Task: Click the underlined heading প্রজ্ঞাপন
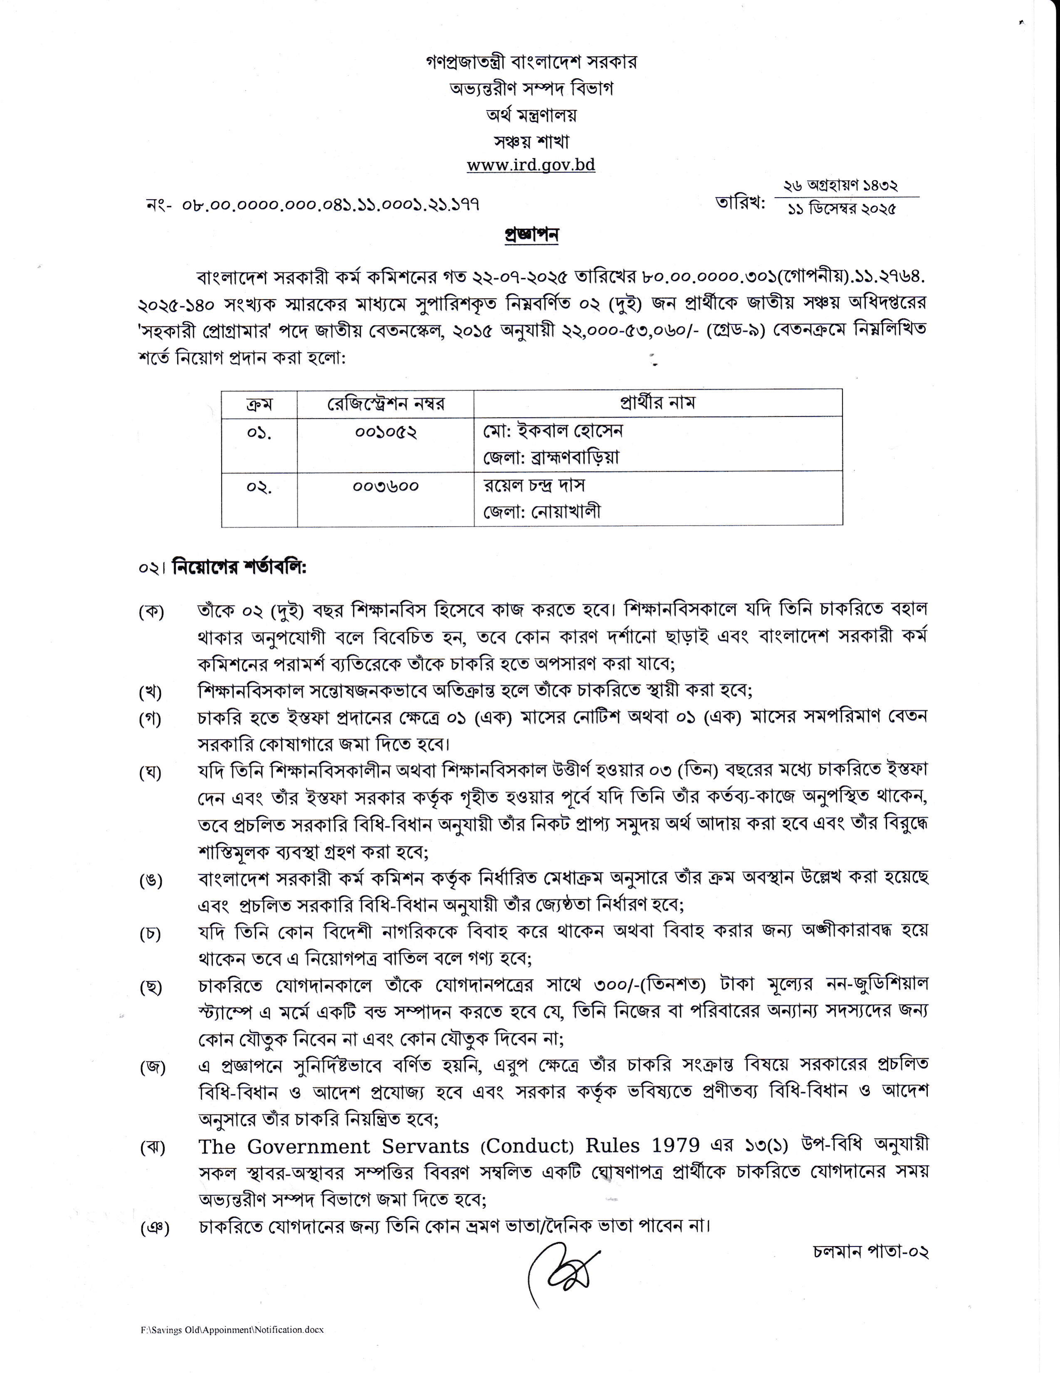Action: coord(531,235)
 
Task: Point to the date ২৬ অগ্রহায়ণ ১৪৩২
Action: coord(841,186)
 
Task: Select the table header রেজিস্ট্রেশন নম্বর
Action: coord(385,403)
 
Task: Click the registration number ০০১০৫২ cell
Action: coord(385,433)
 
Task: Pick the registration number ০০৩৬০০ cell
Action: coord(385,486)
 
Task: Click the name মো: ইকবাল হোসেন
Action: coord(553,431)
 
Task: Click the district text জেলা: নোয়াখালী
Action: coord(542,512)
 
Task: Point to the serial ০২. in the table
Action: coord(259,487)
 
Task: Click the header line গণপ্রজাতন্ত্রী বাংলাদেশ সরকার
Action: coord(531,62)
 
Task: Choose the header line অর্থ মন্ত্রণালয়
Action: coord(531,115)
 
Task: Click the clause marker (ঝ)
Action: coord(152,1147)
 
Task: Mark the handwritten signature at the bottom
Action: coord(564,1267)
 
